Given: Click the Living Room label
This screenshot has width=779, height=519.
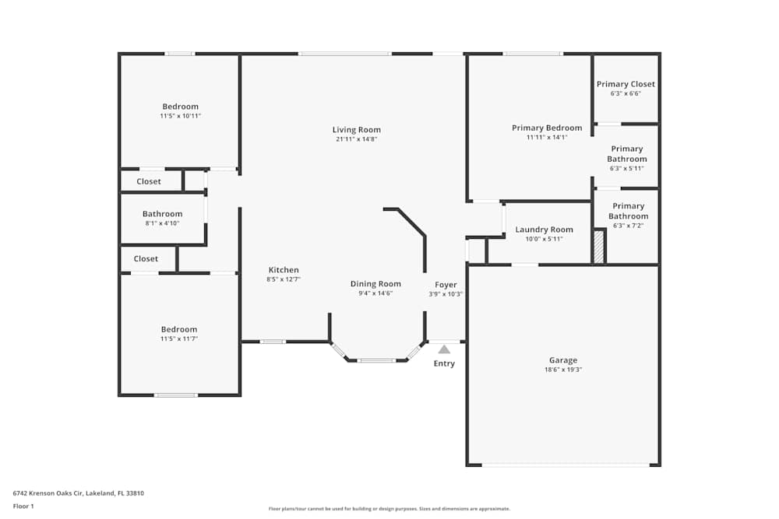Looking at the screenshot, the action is click(357, 129).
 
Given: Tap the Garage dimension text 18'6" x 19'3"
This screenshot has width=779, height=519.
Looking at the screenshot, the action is click(563, 370).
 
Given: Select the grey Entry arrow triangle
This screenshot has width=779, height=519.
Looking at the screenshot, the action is click(444, 349).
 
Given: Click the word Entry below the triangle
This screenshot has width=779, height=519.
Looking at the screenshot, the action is click(444, 363).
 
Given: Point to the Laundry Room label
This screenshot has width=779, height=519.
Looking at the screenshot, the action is click(544, 230).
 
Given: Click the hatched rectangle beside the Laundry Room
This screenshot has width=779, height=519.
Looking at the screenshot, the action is click(599, 247).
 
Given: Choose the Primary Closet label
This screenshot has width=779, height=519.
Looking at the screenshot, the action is click(626, 84).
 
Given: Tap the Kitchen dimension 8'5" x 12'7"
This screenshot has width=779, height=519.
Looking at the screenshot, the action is click(284, 279).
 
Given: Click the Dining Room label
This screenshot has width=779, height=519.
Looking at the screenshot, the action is click(375, 284).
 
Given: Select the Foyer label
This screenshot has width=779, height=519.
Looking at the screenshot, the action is click(446, 285).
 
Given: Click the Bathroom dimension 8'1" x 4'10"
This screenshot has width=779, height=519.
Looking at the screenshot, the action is click(163, 223).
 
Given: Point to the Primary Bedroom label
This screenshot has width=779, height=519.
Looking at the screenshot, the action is click(547, 128).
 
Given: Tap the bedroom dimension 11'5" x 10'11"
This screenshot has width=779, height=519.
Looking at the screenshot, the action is click(181, 116).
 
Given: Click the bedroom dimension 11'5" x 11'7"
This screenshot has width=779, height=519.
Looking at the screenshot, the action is click(179, 339).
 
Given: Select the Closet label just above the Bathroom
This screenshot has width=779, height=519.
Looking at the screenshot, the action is click(149, 181).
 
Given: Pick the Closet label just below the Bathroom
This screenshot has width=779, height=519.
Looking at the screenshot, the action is click(146, 259).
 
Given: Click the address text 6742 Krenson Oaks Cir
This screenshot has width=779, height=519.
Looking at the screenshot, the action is click(48, 493).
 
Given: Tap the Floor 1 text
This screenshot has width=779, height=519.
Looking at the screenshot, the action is click(23, 506).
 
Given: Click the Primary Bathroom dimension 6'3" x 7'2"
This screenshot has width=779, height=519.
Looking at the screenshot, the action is click(628, 226).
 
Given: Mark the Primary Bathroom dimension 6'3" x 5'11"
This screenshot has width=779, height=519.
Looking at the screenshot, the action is click(627, 169).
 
